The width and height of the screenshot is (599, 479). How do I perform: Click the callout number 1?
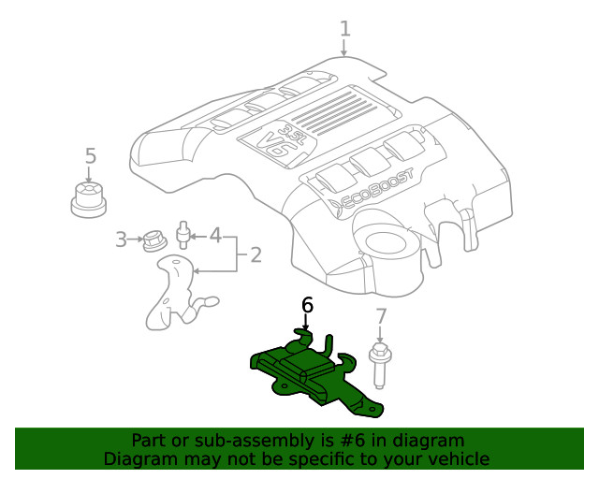(344, 28)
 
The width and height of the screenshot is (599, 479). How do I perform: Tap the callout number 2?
(254, 253)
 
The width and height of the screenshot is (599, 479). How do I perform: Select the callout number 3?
(121, 239)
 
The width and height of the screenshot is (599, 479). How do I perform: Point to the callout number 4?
(215, 235)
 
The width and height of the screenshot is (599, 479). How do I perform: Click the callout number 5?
(90, 155)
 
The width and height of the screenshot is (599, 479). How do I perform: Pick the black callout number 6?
(307, 305)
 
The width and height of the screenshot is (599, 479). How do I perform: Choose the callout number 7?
(380, 316)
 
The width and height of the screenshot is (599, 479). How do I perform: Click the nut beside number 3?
(153, 240)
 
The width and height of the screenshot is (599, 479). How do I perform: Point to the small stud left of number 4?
(185, 231)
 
